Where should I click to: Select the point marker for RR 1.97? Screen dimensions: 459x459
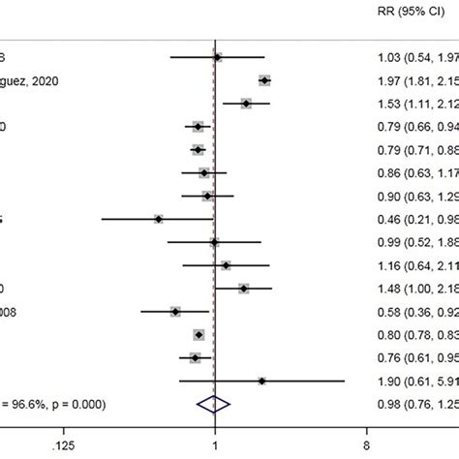(264, 81)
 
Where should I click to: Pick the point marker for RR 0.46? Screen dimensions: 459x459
(158, 219)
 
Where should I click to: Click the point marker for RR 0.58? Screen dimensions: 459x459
(175, 311)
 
